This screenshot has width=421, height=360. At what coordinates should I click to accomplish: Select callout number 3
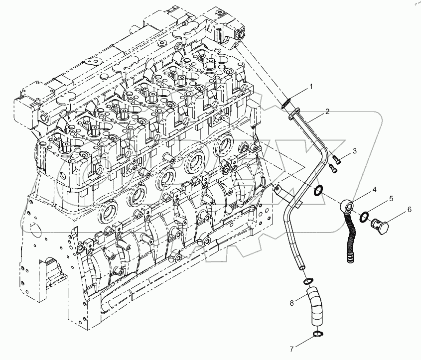coord(355,150)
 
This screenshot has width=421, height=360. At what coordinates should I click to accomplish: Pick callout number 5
coord(391,199)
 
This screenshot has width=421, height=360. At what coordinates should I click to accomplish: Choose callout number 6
coord(409,209)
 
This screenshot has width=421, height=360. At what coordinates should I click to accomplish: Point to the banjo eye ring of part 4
coord(348,206)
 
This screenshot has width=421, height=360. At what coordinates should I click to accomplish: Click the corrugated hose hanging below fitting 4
coord(349,239)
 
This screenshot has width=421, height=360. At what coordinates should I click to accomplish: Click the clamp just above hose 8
coord(307,279)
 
